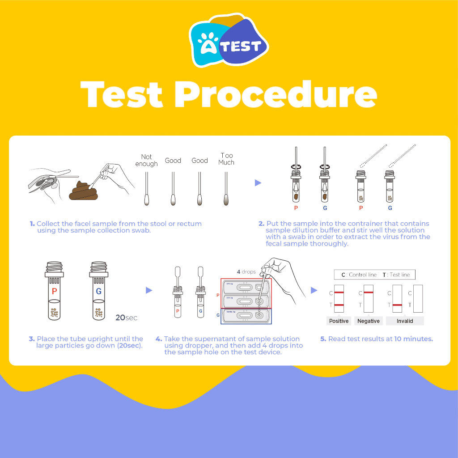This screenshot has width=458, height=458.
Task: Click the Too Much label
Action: point(226,159)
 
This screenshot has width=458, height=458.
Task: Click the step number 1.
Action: point(32,224)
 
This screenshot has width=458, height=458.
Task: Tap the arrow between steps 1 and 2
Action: point(258,182)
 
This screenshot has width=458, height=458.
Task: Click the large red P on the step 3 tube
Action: point(54,291)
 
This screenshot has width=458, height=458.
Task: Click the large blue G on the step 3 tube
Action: point(98,291)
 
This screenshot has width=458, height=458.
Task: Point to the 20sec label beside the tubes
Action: point(126,318)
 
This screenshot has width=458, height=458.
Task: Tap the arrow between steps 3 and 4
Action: point(149,291)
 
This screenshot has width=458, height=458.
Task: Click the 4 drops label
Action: point(246,272)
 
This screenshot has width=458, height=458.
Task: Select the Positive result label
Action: point(339,321)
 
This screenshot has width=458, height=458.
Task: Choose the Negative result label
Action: point(369,321)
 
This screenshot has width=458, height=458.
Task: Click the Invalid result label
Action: point(404,321)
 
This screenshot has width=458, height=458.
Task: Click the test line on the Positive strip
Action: point(339,305)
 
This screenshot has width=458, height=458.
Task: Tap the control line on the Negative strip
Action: point(369,293)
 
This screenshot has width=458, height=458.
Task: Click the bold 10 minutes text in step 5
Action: point(413,339)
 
